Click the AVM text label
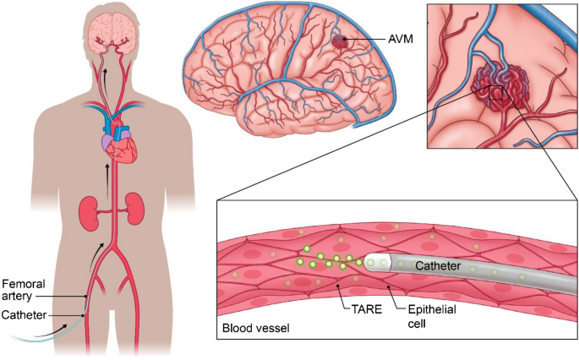click(385, 40)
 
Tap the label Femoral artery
click(22, 289)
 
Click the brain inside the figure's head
click(113, 30)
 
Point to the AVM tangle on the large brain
click(340, 41)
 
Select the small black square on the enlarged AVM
click(496, 92)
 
